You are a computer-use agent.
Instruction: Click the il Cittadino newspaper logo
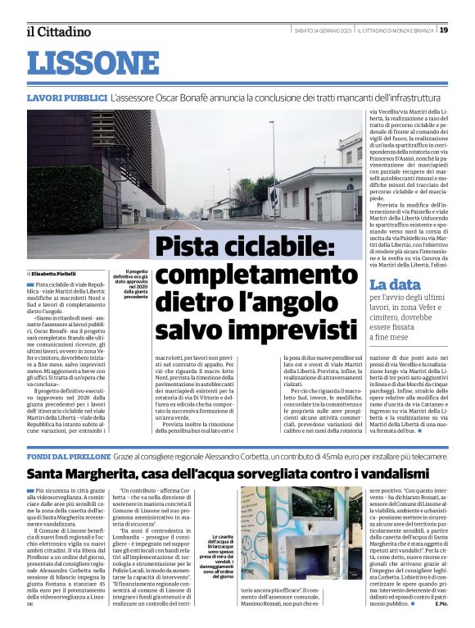point(58,31)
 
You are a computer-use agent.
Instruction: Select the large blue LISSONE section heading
point(92,62)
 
